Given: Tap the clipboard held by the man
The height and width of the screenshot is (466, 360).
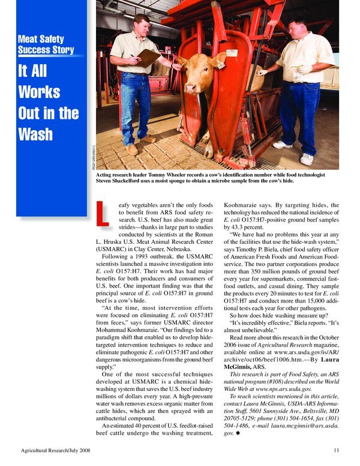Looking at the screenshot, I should coord(148,58).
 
